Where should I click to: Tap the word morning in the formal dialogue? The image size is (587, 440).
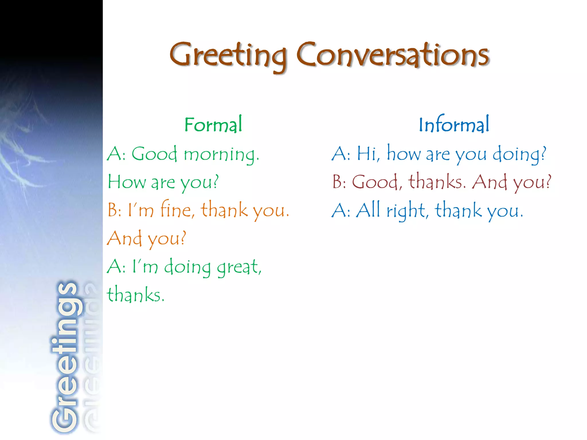[x=221, y=155]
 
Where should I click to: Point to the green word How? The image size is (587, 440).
[x=126, y=182]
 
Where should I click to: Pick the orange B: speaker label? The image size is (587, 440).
[x=114, y=210]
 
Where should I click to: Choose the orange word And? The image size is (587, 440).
[x=124, y=238]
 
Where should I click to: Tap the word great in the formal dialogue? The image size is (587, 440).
[x=239, y=267]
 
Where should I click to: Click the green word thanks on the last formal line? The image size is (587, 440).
[x=135, y=294]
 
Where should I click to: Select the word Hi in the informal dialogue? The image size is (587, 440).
[x=368, y=154]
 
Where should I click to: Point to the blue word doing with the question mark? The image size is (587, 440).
[x=519, y=154]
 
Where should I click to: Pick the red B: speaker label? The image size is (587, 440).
[x=339, y=182]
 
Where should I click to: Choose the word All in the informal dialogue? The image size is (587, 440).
[x=368, y=210]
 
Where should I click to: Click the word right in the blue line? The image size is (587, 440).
[x=407, y=211]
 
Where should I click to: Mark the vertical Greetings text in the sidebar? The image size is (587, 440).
[x=64, y=357]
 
